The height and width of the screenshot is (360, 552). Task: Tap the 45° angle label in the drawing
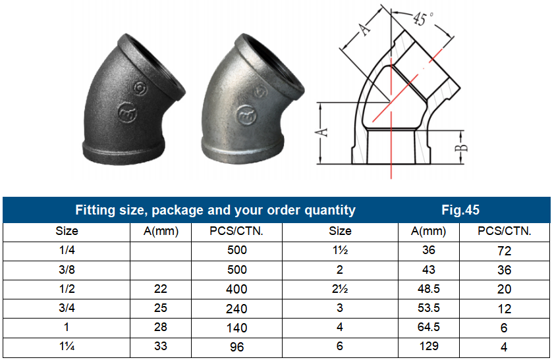point(421,19)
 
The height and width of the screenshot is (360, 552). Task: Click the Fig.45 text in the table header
point(460,211)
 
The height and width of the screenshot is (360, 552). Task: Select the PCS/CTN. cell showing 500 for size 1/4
point(236,250)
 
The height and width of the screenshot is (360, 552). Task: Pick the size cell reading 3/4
point(67,308)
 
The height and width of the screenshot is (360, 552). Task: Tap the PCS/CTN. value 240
point(236,308)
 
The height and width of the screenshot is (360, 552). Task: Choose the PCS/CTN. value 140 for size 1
point(236,328)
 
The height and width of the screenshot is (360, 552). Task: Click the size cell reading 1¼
point(67,347)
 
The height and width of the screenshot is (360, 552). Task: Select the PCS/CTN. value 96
point(236,347)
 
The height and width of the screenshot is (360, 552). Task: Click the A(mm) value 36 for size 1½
point(428,250)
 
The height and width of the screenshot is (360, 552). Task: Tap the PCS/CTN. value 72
point(505,251)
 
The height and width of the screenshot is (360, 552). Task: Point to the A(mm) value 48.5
point(428,289)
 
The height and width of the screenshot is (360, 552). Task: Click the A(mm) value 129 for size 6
point(428,347)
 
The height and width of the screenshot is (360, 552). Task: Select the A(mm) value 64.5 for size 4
point(428,328)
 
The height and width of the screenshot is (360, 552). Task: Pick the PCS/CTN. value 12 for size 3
point(505,309)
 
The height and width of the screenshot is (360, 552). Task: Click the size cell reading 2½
point(340,289)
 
